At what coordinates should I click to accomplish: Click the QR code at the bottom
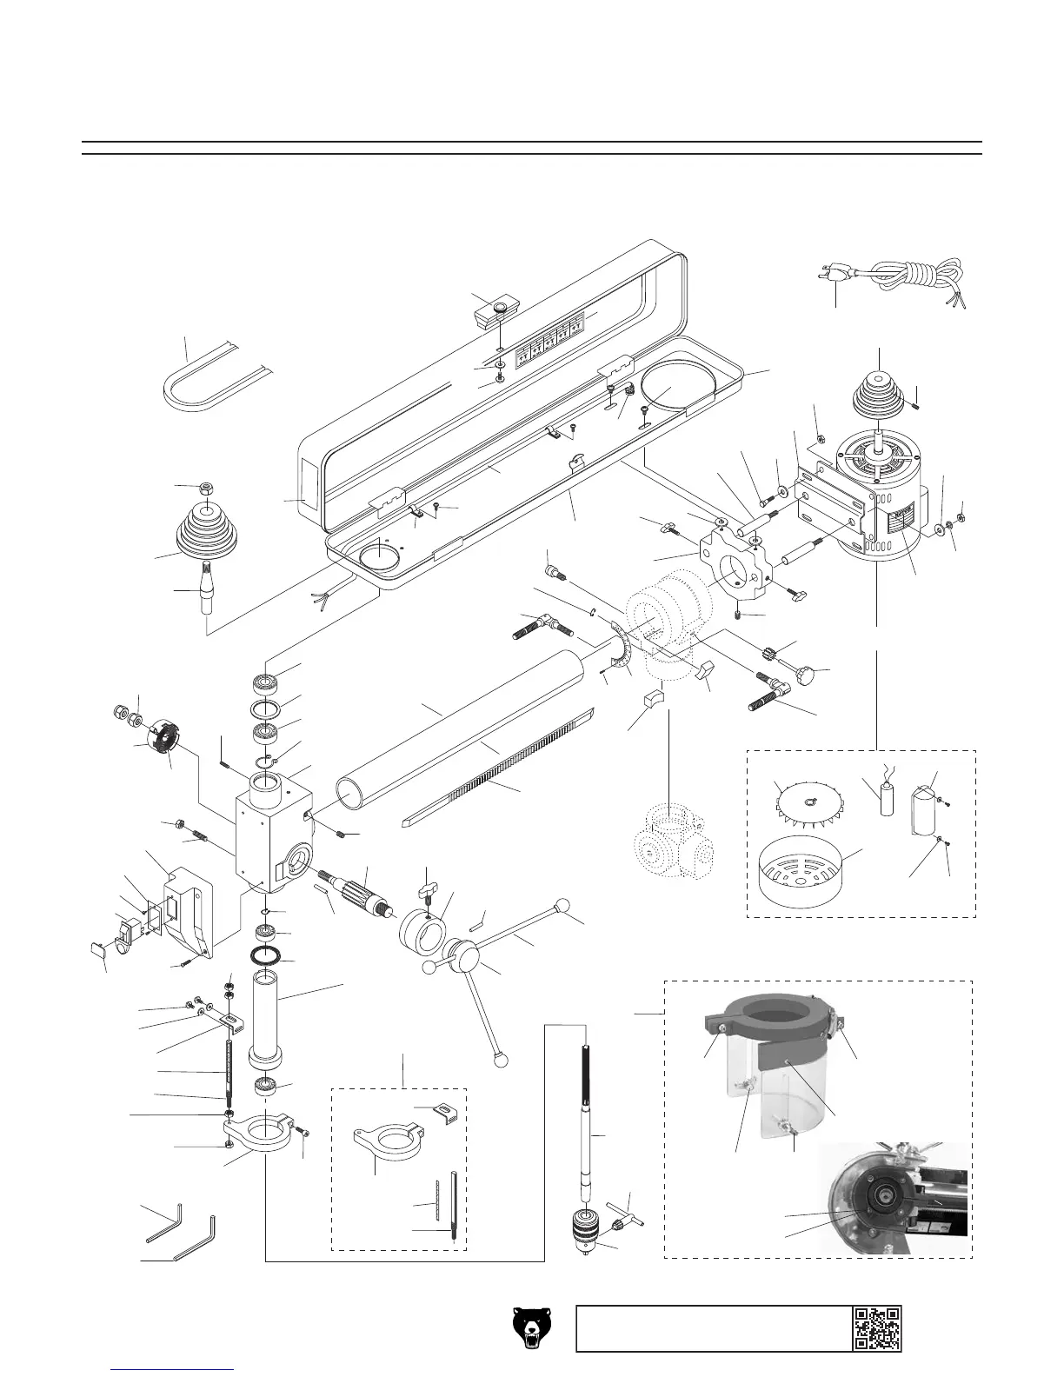coord(876,1327)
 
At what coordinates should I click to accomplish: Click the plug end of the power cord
coord(834,275)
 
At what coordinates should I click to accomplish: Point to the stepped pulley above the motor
coord(879,391)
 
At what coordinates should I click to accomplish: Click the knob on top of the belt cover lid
coord(500,309)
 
